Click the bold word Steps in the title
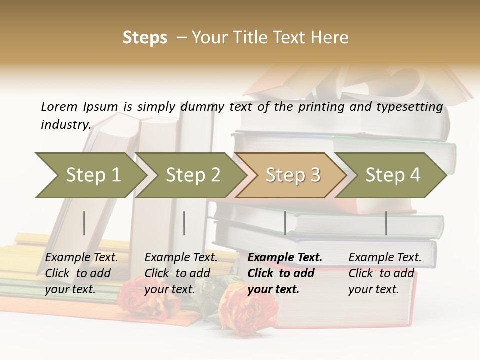pos(145,37)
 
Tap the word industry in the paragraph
pos(65,124)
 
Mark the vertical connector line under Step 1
pos(84,223)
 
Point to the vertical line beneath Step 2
pos(184,223)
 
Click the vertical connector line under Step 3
pos(285,223)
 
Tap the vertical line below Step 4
pos(386,223)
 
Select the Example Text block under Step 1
pos(82,273)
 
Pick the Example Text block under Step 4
pos(385,273)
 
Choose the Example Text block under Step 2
pos(181,273)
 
